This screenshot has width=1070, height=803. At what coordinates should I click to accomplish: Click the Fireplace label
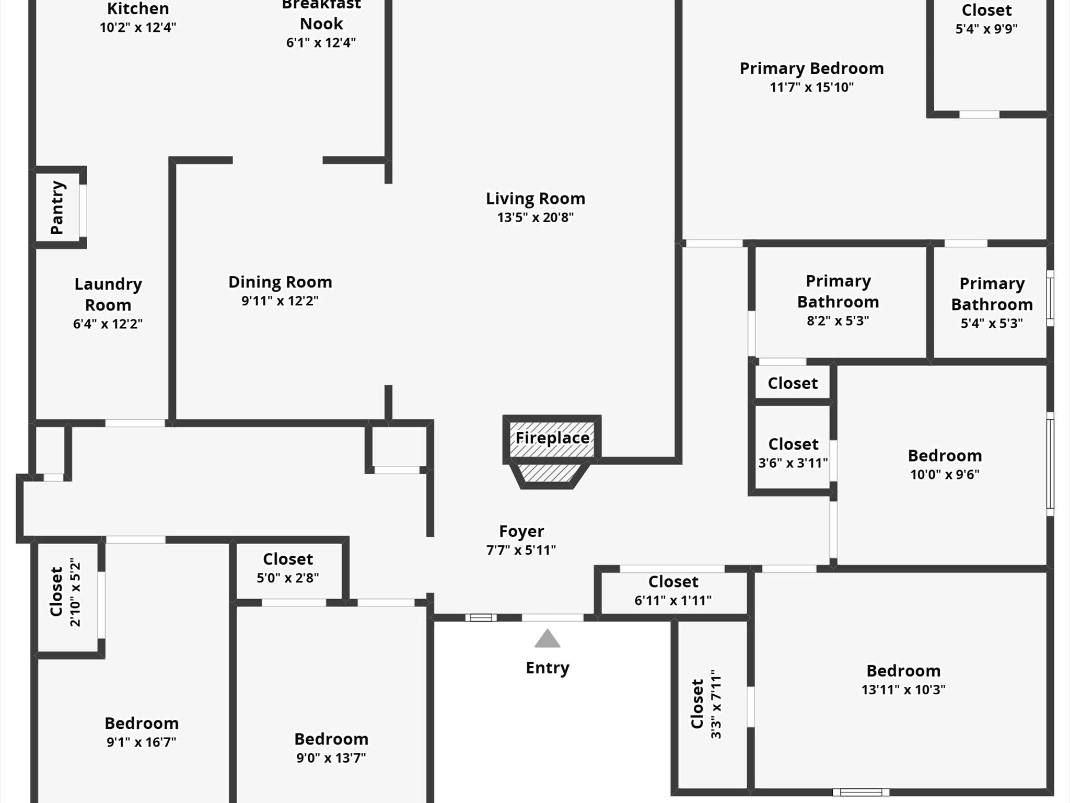[552, 438]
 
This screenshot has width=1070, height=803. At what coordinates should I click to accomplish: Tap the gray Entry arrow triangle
[547, 639]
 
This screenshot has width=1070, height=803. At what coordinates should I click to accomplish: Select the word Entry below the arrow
[547, 668]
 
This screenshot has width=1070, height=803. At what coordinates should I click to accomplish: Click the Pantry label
[57, 208]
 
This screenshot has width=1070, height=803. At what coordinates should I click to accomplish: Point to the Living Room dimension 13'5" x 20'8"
[535, 217]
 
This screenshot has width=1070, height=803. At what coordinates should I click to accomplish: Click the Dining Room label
[280, 282]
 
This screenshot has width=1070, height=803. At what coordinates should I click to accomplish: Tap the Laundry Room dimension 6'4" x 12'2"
[108, 324]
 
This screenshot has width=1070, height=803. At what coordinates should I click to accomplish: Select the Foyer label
[521, 531]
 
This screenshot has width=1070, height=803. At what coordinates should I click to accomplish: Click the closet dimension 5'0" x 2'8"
[288, 578]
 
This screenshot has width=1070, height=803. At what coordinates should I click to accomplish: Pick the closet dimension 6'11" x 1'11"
[673, 601]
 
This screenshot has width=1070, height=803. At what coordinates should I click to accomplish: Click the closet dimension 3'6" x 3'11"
[793, 463]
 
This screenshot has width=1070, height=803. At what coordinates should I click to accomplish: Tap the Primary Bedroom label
[811, 68]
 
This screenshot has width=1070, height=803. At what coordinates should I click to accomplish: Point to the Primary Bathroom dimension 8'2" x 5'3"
[838, 321]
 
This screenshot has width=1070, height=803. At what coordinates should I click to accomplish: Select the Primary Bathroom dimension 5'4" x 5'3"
[992, 324]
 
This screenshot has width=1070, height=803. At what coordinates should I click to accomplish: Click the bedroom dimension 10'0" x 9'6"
[945, 475]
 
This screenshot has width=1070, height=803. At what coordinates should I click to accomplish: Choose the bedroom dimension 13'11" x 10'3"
[903, 690]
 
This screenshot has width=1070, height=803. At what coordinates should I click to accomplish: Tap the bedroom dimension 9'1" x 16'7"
[142, 742]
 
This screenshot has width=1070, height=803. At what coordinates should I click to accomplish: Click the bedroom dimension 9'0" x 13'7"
[331, 758]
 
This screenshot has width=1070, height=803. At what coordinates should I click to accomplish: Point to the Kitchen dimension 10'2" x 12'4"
[138, 28]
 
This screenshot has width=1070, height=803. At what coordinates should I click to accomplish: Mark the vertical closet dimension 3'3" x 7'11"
[716, 704]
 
